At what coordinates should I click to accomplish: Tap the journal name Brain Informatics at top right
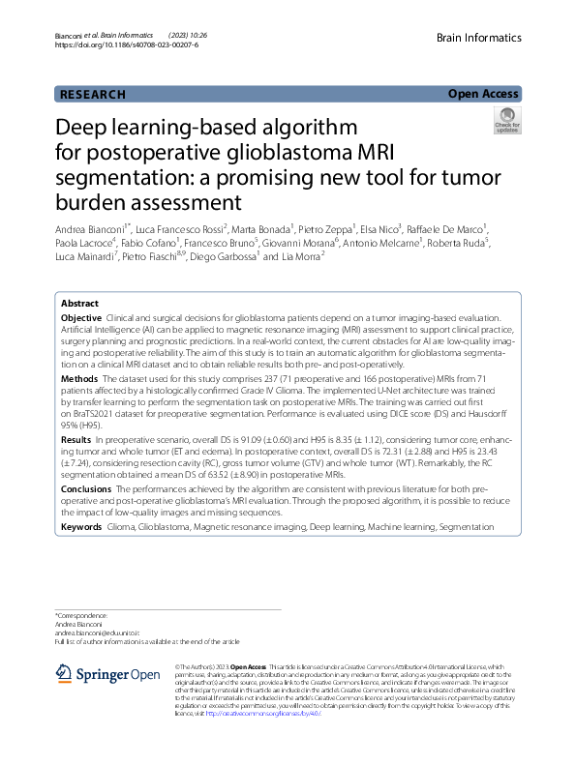pyautogui.click(x=479, y=38)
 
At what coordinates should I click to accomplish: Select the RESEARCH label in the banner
pyautogui.click(x=92, y=94)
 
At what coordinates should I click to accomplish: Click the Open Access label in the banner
pyautogui.click(x=484, y=94)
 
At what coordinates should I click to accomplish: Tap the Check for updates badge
pyautogui.click(x=506, y=121)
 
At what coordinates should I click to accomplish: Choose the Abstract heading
pyautogui.click(x=80, y=303)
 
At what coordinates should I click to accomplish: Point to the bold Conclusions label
pyautogui.click(x=87, y=489)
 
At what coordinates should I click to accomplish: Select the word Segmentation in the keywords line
pyautogui.click(x=466, y=527)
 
